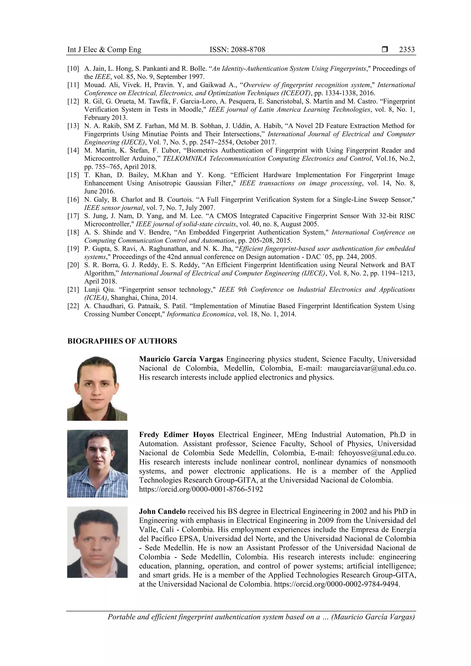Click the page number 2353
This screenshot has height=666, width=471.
pos(407,50)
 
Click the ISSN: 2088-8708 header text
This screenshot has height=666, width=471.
pos(237,50)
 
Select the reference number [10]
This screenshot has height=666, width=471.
pos(73,69)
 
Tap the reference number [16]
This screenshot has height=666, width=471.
pos(73,200)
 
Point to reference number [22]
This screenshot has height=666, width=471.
pos(73,306)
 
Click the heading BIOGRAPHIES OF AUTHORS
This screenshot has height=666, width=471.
pos(122,341)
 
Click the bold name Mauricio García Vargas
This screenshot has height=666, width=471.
pos(181,359)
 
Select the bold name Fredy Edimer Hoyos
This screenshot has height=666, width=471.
pos(176,434)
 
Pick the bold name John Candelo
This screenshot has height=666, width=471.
pos(162,511)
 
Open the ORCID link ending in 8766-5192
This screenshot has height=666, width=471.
pos(201,489)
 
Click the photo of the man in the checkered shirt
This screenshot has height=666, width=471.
pos(98,463)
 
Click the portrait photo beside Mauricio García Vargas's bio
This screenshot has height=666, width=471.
pos(97,388)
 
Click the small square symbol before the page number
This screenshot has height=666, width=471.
pos(385,50)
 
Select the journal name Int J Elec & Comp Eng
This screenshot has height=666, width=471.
pos(104,50)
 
